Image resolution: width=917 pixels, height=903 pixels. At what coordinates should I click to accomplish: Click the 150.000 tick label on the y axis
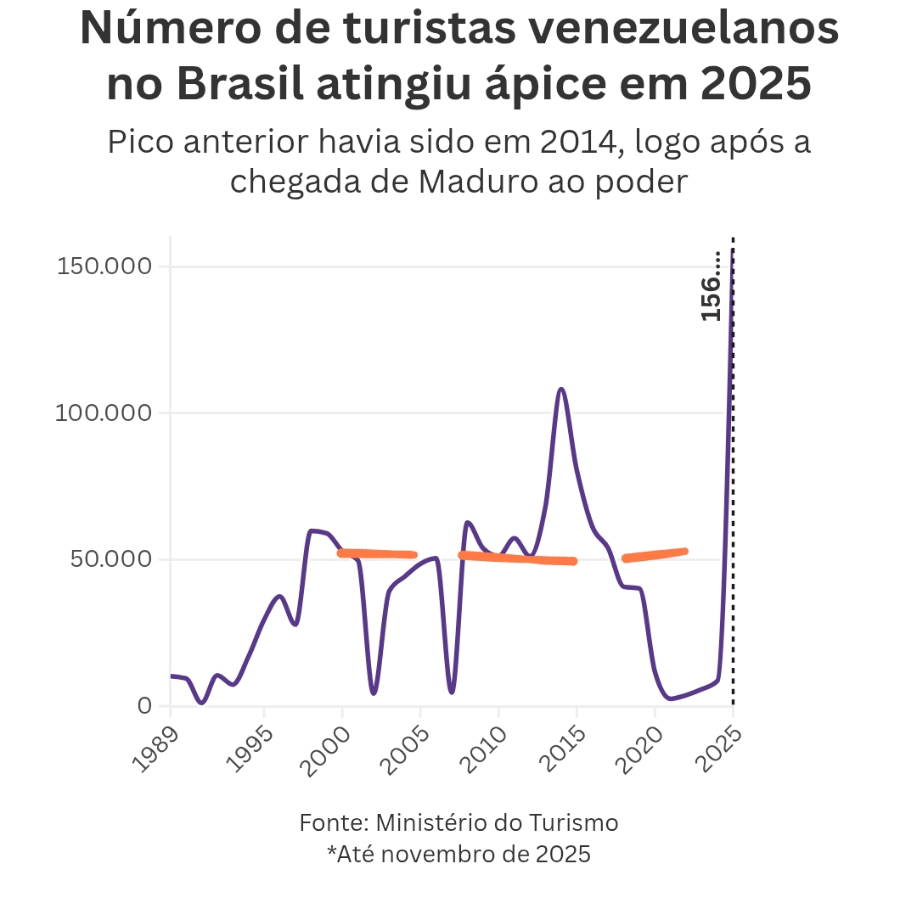click(104, 266)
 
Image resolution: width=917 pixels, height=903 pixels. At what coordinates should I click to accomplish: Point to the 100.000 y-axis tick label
click(104, 413)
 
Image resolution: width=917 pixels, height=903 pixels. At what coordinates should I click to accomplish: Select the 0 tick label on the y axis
click(143, 706)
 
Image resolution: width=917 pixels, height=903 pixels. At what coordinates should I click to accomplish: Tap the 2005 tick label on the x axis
click(402, 747)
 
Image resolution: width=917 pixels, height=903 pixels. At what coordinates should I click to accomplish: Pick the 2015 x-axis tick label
click(558, 747)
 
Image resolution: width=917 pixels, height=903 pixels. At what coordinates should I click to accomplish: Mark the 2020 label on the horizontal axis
click(636, 747)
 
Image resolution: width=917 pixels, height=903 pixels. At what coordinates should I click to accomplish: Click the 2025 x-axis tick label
click(714, 747)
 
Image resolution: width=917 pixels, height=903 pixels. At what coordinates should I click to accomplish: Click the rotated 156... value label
click(712, 286)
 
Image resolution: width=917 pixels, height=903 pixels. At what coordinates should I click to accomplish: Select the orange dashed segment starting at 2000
click(378, 554)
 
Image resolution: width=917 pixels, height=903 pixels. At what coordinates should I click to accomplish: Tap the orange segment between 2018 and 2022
click(655, 555)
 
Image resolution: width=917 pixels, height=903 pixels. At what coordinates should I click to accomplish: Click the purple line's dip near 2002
click(374, 693)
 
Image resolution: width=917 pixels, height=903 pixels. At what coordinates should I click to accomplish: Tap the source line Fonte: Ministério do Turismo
click(458, 822)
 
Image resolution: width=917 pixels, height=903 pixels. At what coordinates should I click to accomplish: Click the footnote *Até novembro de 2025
click(458, 853)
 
